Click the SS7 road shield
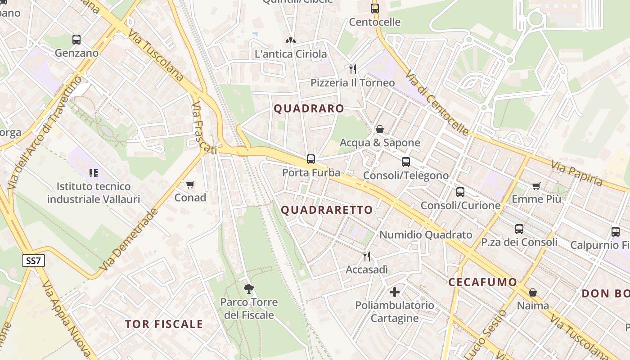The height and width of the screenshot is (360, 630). [33, 260]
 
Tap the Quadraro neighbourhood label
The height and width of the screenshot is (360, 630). [309, 108]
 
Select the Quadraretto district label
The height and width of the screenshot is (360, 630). [327, 210]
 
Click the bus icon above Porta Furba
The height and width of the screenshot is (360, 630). [311, 159]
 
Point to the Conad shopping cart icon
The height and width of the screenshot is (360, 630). [190, 184]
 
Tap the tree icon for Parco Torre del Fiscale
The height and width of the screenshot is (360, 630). [248, 288]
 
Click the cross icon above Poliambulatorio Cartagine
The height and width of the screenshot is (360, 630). [395, 292]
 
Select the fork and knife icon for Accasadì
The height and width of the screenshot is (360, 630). [367, 256]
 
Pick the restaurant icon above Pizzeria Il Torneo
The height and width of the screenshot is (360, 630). [353, 69]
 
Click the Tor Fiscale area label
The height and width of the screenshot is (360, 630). [164, 324]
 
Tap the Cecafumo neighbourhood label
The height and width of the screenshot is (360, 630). [483, 282]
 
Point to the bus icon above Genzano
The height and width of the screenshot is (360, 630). [76, 40]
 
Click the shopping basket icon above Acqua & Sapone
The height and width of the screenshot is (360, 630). [380, 130]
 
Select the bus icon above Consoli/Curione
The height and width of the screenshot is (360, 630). [460, 192]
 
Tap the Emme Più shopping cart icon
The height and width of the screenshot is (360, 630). [536, 186]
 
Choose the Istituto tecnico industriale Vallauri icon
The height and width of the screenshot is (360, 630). [94, 173]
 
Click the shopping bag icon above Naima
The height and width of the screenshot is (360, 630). [533, 292]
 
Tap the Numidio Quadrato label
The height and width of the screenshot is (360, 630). [426, 234]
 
